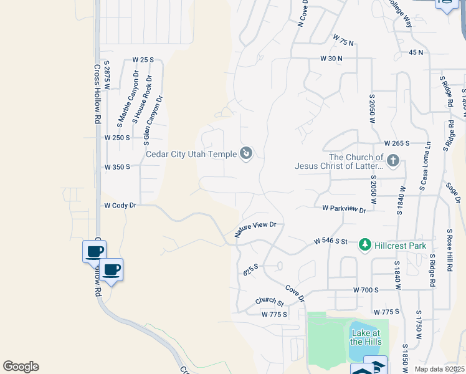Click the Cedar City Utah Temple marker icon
246,153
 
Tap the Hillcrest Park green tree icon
366,245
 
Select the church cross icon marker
392,161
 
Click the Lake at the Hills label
365,337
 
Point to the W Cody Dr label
120,205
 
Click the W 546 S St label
330,241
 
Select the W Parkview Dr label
343,209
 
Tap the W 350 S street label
117,167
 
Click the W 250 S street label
117,137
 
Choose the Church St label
270,302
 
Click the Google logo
21,367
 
